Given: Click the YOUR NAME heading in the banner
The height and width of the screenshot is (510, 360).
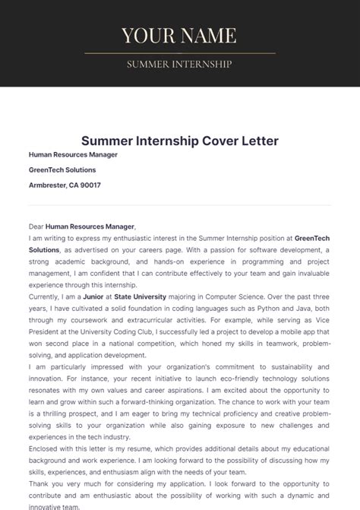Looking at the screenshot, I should point(179,35).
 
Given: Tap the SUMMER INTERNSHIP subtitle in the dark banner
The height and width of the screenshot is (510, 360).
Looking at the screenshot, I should point(179,64).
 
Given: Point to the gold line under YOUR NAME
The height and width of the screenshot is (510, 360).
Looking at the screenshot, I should point(179,53).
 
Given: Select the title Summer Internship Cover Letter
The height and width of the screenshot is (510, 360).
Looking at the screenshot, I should point(180,141).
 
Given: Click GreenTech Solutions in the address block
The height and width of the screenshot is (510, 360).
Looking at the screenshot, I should point(62,169).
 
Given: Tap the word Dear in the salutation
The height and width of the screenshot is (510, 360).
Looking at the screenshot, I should point(36,226).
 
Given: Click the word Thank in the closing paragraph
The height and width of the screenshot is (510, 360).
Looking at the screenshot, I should point(39,483).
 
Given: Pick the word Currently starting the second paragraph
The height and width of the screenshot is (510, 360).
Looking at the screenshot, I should point(47,296).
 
